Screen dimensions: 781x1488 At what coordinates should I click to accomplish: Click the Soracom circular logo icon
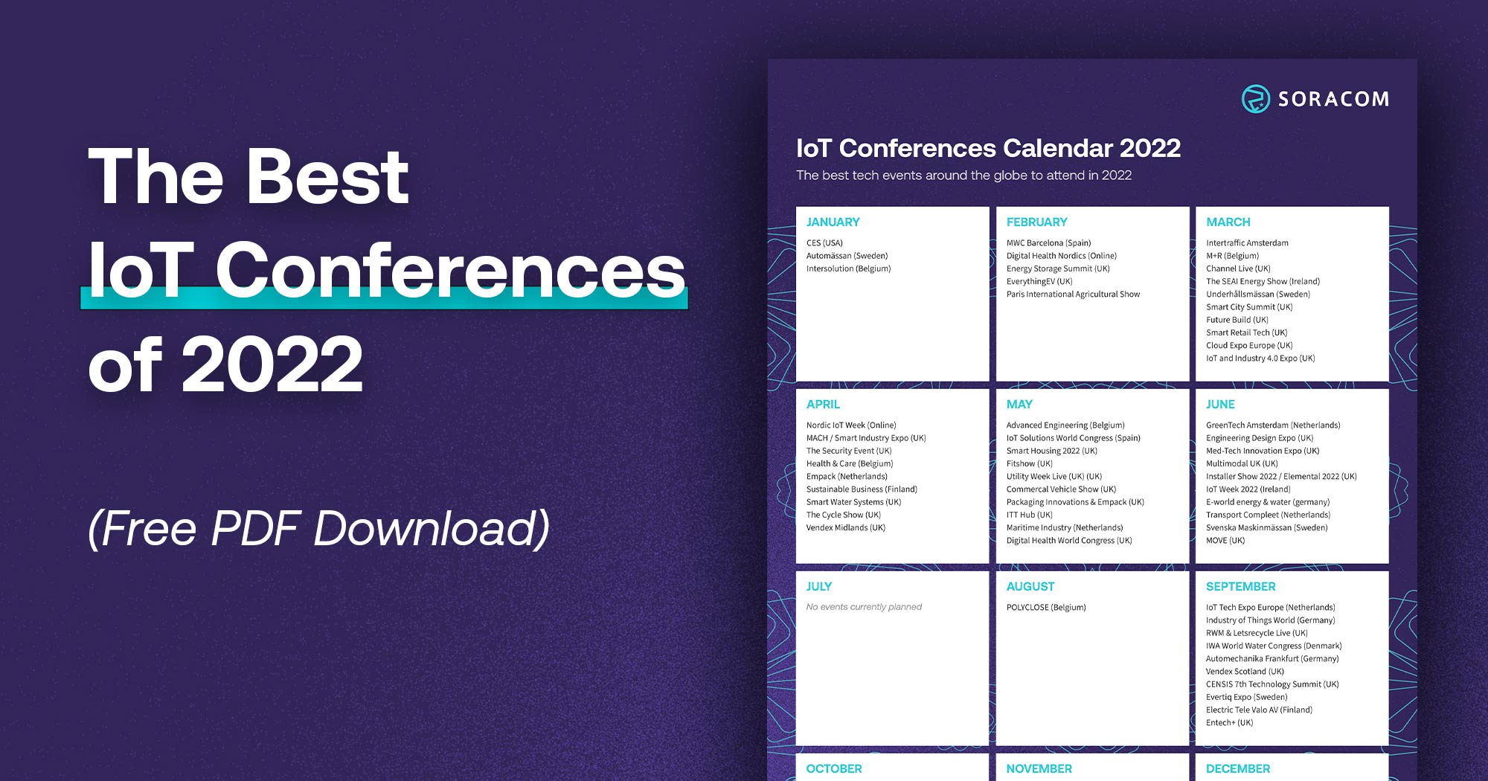pos(1255,99)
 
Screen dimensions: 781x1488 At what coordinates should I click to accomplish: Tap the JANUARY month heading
pos(833,222)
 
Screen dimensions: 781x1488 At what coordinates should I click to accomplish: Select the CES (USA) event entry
pos(824,243)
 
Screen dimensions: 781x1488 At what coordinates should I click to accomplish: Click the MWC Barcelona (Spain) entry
pos(1048,243)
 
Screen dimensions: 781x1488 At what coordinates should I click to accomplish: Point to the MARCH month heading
pos(1228,222)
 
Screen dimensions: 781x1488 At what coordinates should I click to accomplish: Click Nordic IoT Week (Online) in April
pos(851,425)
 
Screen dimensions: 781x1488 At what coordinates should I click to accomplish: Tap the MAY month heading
pos(1019,405)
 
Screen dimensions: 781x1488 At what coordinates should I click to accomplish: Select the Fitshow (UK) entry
pos(1029,464)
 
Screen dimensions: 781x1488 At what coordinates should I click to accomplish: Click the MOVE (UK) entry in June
pos(1225,541)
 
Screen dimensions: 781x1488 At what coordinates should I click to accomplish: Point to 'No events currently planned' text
pos(864,608)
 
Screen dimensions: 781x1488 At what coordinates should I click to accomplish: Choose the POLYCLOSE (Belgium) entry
pos(1046,608)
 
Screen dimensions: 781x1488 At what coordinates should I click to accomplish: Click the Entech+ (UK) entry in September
pos(1229,723)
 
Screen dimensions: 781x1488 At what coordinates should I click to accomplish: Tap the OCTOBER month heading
pos(834,769)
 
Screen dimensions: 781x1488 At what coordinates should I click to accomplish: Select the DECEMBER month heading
pos(1238,769)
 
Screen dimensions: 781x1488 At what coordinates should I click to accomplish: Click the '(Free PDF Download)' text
pos(318,529)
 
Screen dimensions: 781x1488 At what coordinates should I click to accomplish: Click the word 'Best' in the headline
pos(327,177)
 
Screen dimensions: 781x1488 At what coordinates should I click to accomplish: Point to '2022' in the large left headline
pos(272,364)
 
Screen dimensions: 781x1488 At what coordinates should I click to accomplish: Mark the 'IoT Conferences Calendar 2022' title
pos(988,149)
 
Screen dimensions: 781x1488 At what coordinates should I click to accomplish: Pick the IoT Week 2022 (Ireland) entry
pos(1248,489)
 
